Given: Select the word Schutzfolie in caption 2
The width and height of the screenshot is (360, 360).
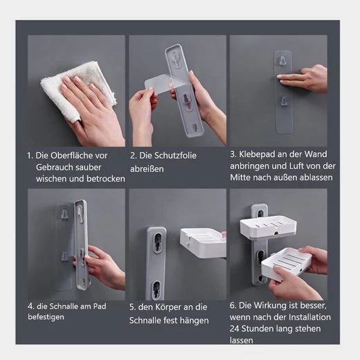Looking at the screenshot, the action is click(175, 156).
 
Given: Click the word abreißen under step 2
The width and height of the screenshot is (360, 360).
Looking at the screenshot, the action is click(147, 169).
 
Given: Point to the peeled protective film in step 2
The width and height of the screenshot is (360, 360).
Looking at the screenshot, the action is click(161, 84).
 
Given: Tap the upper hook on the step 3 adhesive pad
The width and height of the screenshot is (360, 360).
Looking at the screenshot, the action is click(282, 60).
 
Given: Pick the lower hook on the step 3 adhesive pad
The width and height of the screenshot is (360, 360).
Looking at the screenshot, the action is click(284, 101).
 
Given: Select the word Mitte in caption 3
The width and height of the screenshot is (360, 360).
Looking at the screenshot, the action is click(240, 177).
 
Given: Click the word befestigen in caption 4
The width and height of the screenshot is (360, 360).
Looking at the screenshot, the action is click(46, 317).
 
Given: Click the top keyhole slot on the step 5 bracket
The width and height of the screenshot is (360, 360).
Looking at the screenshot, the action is click(156, 244).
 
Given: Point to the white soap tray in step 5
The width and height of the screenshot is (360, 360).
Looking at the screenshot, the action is click(203, 243).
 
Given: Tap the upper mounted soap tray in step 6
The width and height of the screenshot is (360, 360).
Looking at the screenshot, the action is click(269, 226).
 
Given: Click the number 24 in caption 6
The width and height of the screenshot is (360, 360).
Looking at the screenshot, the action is click(235, 329).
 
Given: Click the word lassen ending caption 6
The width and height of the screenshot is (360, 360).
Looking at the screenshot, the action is click(242, 340).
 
